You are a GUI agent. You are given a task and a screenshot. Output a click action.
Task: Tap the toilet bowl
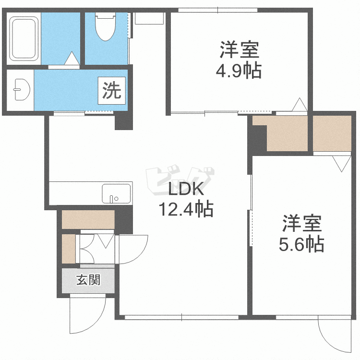pos(106,26)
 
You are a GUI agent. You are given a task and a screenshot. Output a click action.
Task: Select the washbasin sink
pos(22,90)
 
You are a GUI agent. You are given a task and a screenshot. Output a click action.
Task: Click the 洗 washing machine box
pos(112,90)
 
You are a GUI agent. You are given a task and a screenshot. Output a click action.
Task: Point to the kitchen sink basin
pos(117,193)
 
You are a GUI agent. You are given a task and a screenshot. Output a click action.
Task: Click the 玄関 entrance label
pos(88,280)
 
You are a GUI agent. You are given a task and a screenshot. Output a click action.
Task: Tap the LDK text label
pos(186,189)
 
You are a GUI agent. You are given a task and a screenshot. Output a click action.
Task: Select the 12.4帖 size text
pos(186,209)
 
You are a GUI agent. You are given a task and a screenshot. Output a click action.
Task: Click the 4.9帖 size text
pos(239,71)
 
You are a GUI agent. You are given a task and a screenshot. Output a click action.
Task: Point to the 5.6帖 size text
pos(301,244)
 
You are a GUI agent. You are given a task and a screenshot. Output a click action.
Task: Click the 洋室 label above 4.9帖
pos(240,49)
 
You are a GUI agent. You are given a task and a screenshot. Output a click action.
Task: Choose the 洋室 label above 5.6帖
pos(302,223)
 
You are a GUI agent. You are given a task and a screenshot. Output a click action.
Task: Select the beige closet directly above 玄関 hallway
pos(88,219)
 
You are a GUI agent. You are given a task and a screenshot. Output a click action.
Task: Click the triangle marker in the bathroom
pos(72,58)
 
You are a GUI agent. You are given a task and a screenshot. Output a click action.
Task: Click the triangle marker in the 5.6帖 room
pos(341,164)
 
